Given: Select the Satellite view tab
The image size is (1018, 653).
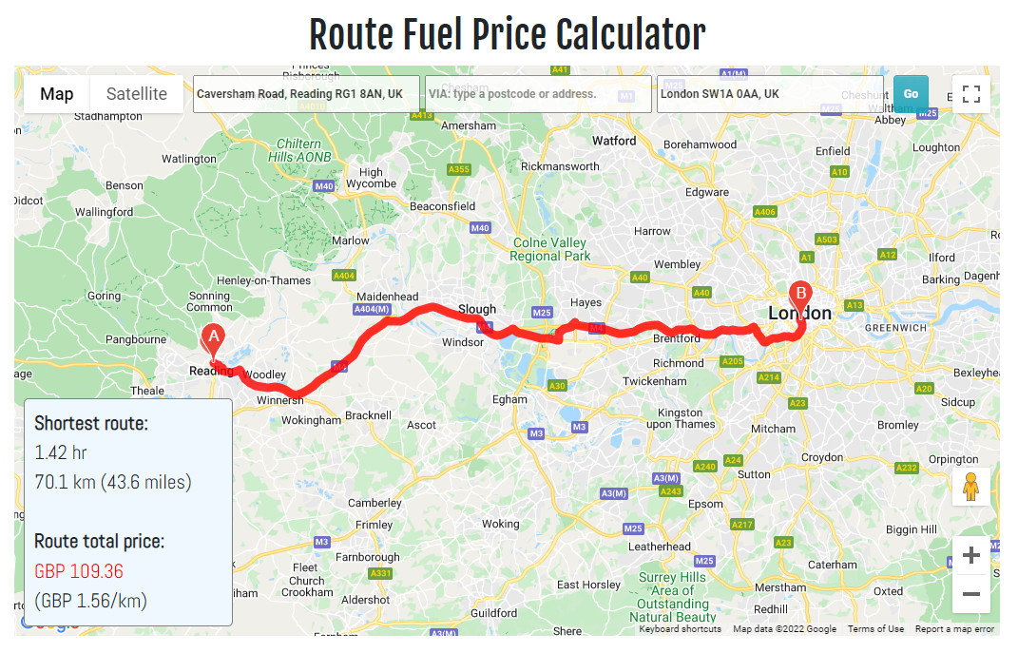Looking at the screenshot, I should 136,94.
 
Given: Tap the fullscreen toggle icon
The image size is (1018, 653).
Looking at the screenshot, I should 970,94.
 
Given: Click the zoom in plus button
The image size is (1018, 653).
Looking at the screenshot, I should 970,555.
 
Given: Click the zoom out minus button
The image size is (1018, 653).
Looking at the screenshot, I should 970,595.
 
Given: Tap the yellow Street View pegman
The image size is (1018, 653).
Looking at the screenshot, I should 970,487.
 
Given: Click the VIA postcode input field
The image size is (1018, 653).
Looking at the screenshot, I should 538,94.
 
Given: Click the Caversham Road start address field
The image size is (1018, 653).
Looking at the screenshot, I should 306,94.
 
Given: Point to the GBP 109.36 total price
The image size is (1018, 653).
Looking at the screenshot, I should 79,571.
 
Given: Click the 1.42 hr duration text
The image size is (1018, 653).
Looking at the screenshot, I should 60,452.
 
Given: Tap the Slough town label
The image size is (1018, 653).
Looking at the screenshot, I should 477,309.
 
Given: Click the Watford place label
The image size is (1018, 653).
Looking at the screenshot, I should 614,141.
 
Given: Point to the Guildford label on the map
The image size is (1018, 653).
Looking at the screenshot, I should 494,613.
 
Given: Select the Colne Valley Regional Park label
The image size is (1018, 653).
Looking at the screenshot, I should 550,249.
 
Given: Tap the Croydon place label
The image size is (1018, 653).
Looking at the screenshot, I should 821,457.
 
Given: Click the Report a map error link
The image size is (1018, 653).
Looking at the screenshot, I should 954,629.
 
